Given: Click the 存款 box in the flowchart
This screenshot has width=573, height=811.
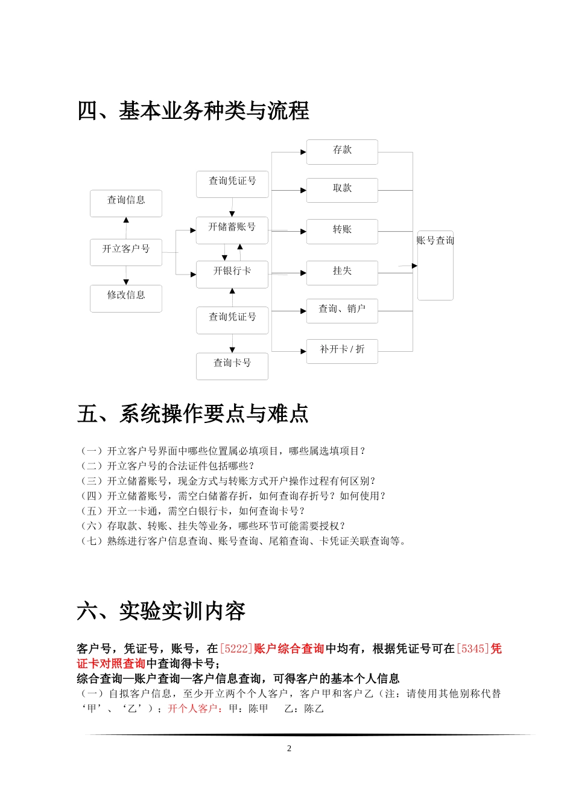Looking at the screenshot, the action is (342, 151).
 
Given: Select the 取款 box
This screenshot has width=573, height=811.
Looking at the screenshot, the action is (342, 189).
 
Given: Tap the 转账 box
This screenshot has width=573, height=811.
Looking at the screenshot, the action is (342, 231).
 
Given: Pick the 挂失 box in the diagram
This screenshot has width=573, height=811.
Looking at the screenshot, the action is (342, 272).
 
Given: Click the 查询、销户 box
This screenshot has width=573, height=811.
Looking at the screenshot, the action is (342, 310).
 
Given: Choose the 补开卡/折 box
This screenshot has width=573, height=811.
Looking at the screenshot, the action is (342, 351).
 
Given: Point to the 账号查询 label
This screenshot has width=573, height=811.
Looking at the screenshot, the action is (435, 241).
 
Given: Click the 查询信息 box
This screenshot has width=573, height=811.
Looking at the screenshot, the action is (126, 203).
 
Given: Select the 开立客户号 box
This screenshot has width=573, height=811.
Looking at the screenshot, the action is (126, 252).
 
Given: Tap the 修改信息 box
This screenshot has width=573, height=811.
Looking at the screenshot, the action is (126, 297).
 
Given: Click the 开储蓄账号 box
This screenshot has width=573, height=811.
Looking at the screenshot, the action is (232, 230).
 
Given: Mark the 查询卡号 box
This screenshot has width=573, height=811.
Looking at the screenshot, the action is (232, 366).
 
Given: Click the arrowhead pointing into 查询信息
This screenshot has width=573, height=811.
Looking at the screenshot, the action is (126, 220).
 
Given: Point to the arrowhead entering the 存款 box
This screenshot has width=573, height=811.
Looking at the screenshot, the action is (303, 152).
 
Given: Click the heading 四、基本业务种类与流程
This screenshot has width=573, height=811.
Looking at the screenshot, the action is (193, 111).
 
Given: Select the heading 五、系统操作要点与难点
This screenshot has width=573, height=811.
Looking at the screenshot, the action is (193, 414).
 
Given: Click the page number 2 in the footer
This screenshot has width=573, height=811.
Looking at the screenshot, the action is (289, 748).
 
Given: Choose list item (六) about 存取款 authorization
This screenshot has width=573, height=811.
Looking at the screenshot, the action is (213, 526).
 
